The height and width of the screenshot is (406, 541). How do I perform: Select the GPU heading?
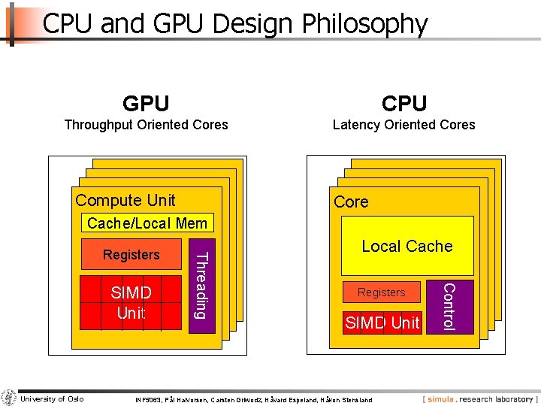(146, 103)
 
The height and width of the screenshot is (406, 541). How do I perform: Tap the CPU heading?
(404, 103)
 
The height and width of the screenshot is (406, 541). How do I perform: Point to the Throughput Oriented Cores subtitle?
(146, 125)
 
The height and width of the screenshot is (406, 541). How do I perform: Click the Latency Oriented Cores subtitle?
(404, 125)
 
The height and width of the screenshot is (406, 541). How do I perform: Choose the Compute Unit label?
(125, 200)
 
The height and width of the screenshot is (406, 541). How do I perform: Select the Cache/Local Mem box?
(147, 223)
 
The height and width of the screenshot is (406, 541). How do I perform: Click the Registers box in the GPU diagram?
(131, 255)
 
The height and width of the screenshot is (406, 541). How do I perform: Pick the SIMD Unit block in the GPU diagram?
(131, 302)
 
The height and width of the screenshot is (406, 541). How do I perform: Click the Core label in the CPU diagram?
(351, 202)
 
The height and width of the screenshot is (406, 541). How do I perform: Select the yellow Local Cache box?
(407, 246)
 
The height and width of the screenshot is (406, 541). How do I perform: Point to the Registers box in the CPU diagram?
(381, 292)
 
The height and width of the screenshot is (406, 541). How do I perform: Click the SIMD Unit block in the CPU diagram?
(382, 323)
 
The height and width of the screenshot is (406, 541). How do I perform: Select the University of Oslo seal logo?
(9, 398)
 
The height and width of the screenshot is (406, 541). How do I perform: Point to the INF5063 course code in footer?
(148, 400)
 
